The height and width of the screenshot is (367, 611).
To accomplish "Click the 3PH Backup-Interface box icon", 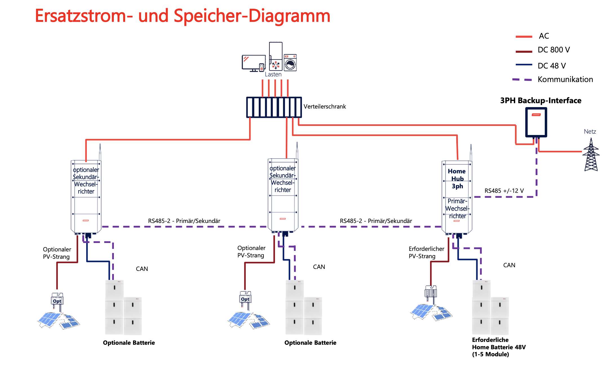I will pyautogui.click(x=536, y=122).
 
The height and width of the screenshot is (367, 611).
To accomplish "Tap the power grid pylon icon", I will pyautogui.click(x=591, y=155).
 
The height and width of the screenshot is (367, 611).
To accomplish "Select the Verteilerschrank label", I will pyautogui.click(x=325, y=107).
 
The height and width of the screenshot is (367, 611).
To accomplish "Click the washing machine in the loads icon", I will pyautogui.click(x=290, y=63).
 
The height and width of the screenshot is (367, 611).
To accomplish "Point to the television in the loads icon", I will pyautogui.click(x=253, y=63).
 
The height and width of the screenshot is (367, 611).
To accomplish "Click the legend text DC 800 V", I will pyautogui.click(x=554, y=50).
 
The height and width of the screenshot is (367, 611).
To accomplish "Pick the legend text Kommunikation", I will pyautogui.click(x=565, y=79).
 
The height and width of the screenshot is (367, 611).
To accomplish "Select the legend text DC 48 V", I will pyautogui.click(x=552, y=66).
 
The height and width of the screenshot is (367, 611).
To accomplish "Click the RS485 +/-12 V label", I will pyautogui.click(x=504, y=191).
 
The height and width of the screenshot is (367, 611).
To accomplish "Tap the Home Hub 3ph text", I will pyautogui.click(x=457, y=179).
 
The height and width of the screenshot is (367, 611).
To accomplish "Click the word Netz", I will pyautogui.click(x=590, y=132).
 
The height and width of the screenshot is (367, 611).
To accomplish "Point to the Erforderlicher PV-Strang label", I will pyautogui.click(x=426, y=253).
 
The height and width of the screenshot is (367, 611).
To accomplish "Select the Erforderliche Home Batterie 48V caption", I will pyautogui.click(x=499, y=347).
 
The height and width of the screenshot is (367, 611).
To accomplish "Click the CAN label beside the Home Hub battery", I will pyautogui.click(x=509, y=265).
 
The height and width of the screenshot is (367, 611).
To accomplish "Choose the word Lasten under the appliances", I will pyautogui.click(x=273, y=74).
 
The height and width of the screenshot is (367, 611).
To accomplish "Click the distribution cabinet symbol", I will pyautogui.click(x=274, y=107).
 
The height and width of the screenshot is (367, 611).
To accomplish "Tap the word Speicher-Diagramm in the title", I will pyautogui.click(x=252, y=16).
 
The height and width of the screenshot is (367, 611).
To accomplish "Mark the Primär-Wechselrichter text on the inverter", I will pyautogui.click(x=457, y=209).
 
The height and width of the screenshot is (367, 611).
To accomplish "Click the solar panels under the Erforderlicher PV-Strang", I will pyautogui.click(x=431, y=312).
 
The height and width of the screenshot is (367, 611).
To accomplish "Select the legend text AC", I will pyautogui.click(x=544, y=36).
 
